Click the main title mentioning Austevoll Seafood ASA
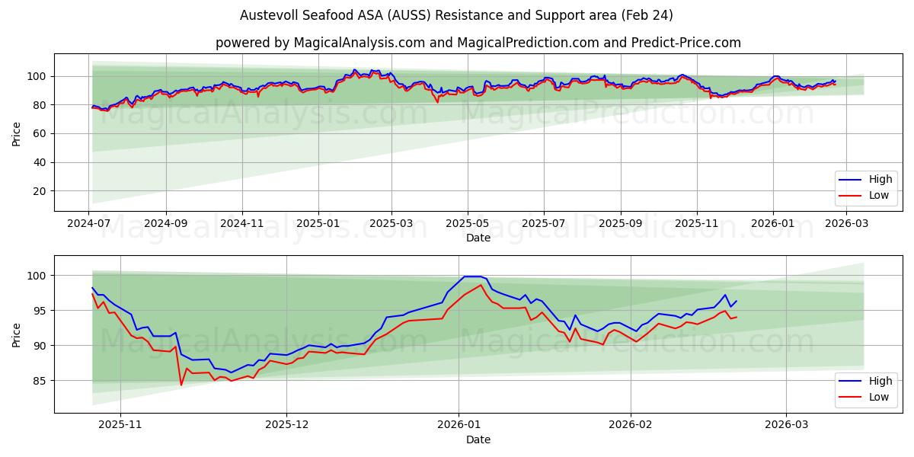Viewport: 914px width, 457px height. [x=456, y=15]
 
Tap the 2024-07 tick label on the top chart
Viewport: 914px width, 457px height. [x=88, y=224]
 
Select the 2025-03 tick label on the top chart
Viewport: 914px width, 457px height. [x=391, y=224]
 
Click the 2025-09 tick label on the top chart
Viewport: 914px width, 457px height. [x=620, y=224]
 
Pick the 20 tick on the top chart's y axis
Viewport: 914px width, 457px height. [x=40, y=191]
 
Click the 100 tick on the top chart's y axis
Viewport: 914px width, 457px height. [x=37, y=76]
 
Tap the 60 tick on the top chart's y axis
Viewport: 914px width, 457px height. [x=40, y=134]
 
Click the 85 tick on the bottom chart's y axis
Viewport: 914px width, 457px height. [x=40, y=381]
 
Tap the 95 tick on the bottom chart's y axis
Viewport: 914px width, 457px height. [x=40, y=311]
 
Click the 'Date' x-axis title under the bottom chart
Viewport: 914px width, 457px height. [x=478, y=439]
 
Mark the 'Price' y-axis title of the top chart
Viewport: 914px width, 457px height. [x=17, y=134]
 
